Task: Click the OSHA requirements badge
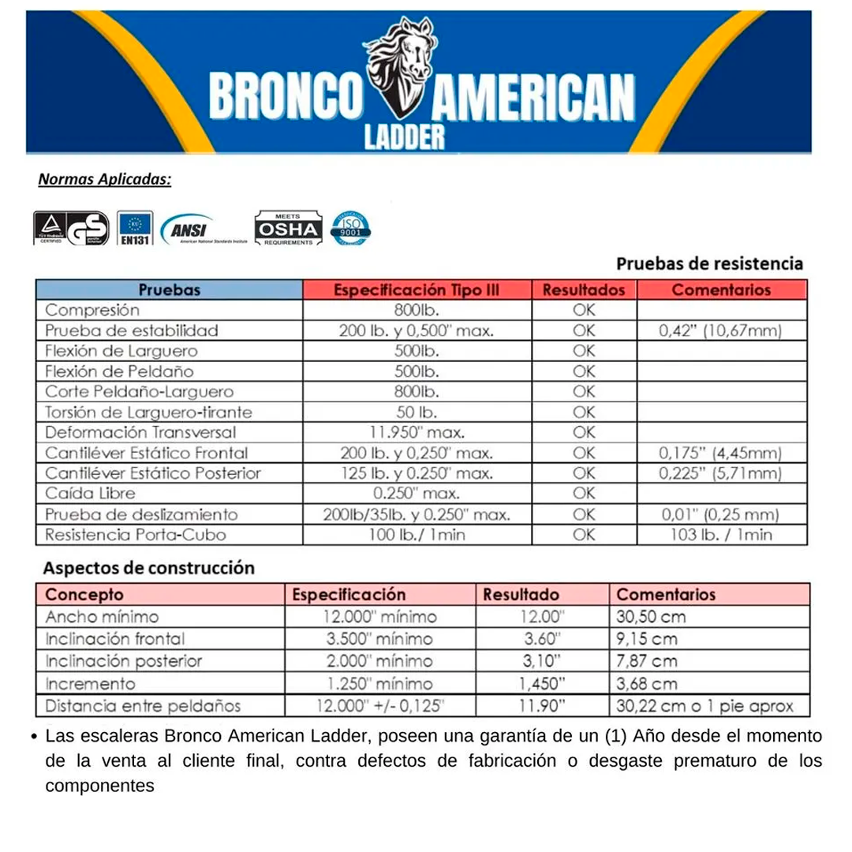point(287,229)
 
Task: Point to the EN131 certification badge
point(134,229)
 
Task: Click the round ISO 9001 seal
point(351,228)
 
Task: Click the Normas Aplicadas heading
point(105,180)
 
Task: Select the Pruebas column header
point(169,290)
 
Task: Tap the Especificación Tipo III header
point(417,290)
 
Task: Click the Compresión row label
point(92,310)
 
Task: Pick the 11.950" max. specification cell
point(417,432)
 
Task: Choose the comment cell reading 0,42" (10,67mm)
point(720,331)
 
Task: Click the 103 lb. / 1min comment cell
point(720,535)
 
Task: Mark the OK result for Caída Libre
point(584,494)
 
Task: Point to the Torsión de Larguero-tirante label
point(148,412)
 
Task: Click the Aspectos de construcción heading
point(148,568)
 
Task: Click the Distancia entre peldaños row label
point(143,706)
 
